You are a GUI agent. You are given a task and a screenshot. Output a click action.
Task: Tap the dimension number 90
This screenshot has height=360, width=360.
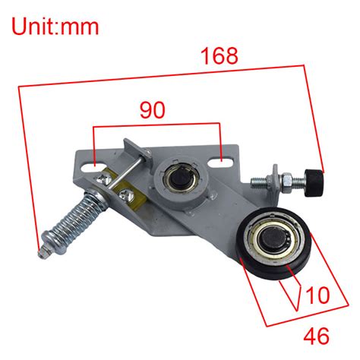[152, 110]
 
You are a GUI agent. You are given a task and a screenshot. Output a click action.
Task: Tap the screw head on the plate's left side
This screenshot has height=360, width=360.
[103, 177]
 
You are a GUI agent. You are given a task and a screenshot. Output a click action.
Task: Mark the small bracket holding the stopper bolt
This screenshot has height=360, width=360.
[258, 182]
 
